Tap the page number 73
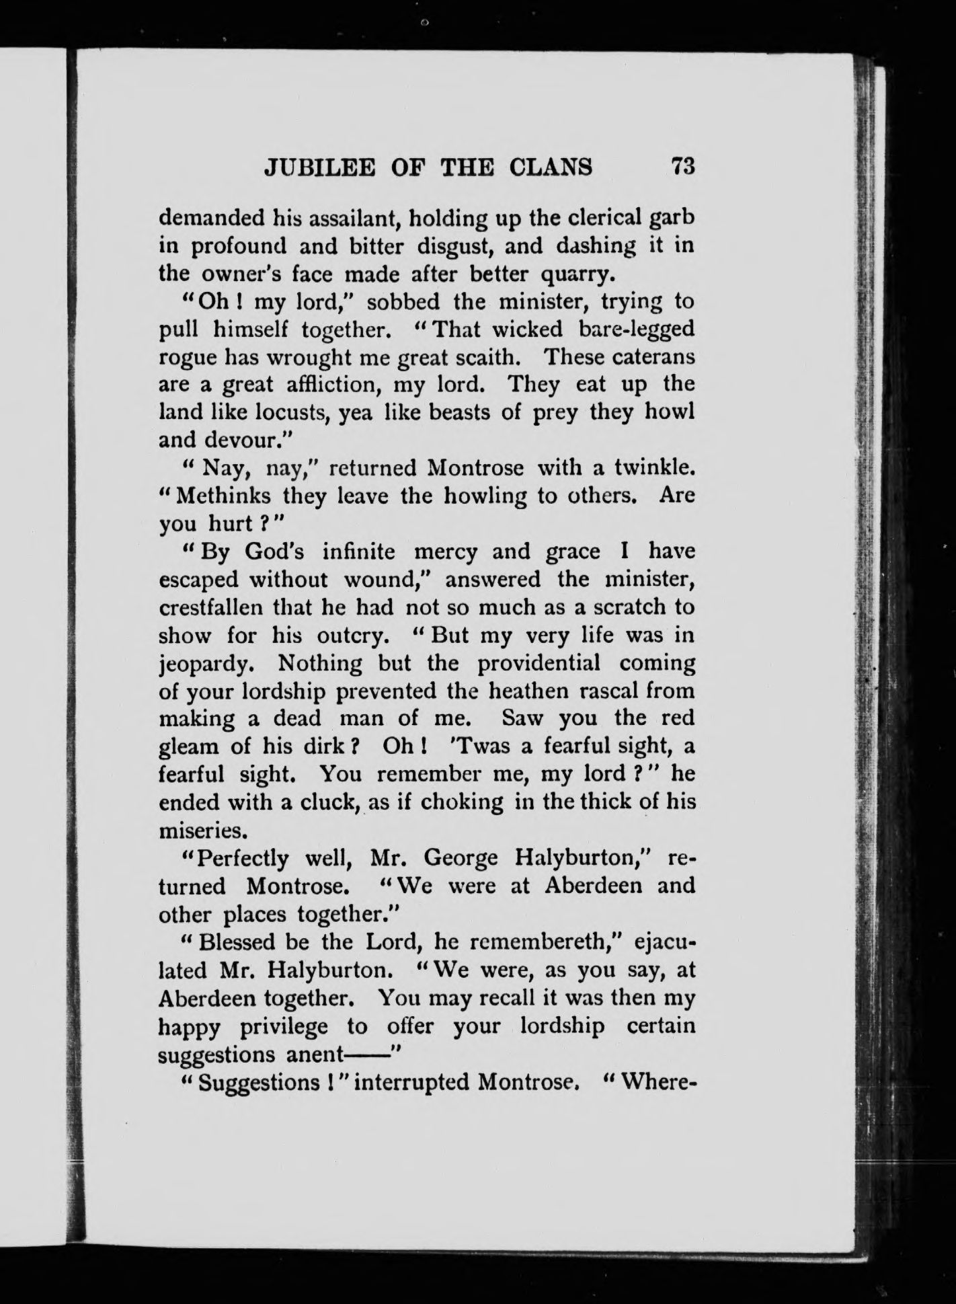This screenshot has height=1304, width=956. click(x=681, y=166)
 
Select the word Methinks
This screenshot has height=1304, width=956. click(x=224, y=496)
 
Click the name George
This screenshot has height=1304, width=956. click(x=462, y=859)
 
